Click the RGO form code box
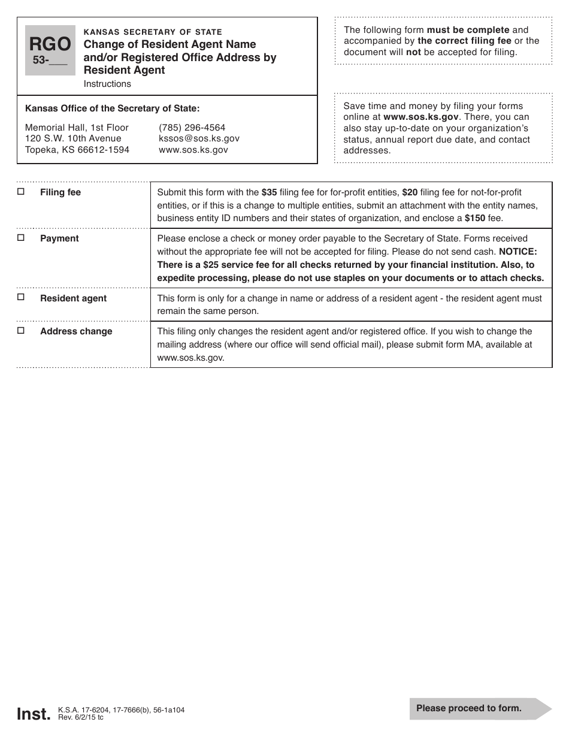click(50, 50)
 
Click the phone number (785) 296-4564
click(192, 128)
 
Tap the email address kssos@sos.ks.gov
click(199, 138)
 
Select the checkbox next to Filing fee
click(21, 192)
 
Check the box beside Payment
click(21, 238)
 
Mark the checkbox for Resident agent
click(21, 297)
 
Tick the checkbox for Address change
click(21, 331)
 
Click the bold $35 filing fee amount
click(269, 192)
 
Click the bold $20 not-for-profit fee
click(410, 192)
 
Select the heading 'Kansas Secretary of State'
click(153, 32)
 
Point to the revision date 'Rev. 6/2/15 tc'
click(81, 717)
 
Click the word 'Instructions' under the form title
click(107, 84)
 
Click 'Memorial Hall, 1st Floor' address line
click(77, 128)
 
